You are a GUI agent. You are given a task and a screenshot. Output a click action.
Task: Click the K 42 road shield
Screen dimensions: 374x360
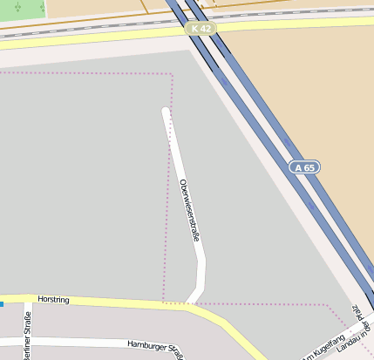point(200,29)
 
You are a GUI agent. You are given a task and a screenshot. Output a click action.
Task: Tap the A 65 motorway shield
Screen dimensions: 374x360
point(305,166)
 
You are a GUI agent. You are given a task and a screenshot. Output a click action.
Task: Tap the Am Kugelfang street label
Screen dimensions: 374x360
point(324,346)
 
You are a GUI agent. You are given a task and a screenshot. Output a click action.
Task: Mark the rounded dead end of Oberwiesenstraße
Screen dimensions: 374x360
point(165,111)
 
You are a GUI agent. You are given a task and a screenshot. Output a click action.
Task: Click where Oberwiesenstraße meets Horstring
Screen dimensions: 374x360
point(191,303)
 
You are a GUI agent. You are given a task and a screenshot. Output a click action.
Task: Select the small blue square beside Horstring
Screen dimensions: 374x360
point(2,304)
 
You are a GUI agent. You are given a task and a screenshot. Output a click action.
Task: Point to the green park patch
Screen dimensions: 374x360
point(21,9)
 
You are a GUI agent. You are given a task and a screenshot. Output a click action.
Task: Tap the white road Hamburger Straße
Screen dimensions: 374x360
point(96,341)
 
